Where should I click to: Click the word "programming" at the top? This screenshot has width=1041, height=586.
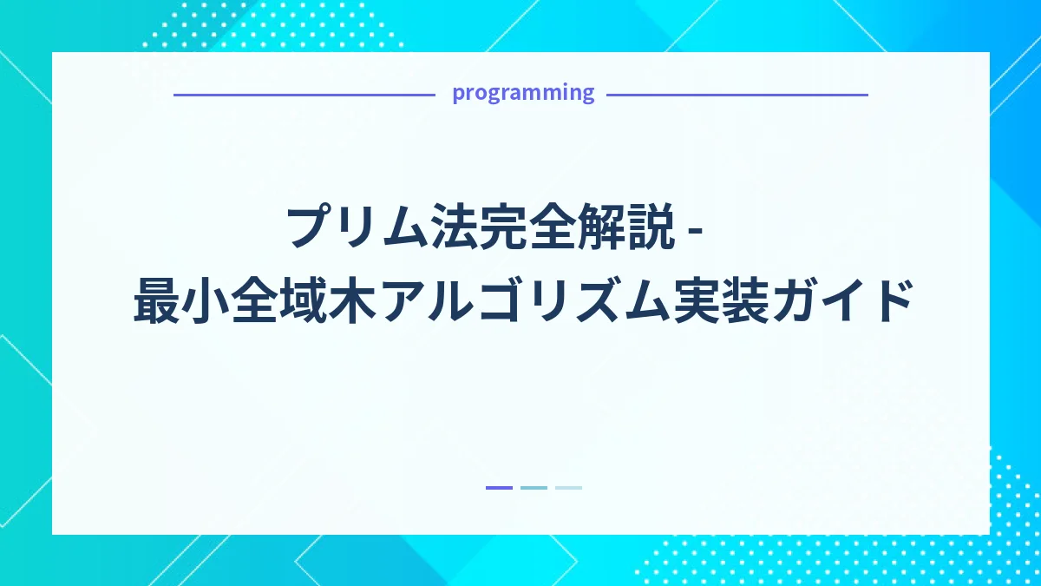tap(523, 93)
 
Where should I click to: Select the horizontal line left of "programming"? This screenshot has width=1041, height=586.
tap(304, 95)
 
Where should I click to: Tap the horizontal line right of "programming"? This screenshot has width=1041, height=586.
tap(737, 95)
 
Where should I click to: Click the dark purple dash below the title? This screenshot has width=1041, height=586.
tap(499, 488)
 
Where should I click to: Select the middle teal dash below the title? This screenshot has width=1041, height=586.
tap(534, 488)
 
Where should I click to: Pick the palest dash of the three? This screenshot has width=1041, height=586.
tap(568, 488)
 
